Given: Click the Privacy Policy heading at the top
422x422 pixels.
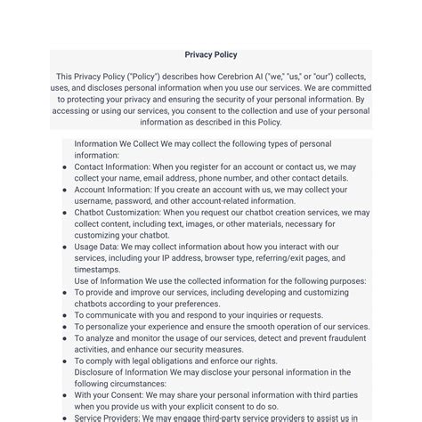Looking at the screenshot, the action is (x=211, y=54).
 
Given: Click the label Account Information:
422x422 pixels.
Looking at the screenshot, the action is (x=113, y=190).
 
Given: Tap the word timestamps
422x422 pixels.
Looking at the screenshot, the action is (x=97, y=270).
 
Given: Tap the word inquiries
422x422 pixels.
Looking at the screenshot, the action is (x=259, y=315).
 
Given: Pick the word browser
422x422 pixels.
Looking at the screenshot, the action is (x=226, y=258).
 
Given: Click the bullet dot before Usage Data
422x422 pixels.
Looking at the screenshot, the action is (x=65, y=248).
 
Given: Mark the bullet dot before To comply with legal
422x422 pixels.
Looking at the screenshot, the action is (x=65, y=361).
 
